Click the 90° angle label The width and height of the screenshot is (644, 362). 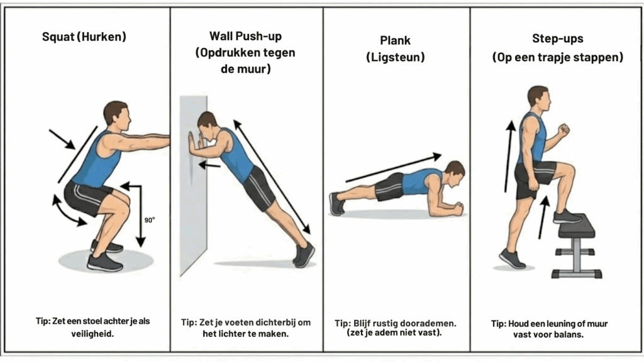click(150, 220)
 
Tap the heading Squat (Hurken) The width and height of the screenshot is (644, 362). click(84, 36)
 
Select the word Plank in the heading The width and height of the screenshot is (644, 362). click(395, 40)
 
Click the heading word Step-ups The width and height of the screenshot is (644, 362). click(558, 38)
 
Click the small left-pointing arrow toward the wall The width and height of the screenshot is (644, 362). click(209, 165)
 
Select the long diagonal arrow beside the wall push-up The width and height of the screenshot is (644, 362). click(272, 177)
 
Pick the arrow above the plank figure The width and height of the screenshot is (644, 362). click(394, 167)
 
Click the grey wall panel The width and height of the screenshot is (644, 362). click(193, 185)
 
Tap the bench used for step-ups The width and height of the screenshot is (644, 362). click(577, 246)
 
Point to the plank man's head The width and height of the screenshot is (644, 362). click(455, 173)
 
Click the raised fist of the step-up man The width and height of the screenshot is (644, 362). click(563, 129)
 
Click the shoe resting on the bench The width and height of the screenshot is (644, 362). click(567, 216)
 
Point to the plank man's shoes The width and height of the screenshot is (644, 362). click(337, 204)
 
